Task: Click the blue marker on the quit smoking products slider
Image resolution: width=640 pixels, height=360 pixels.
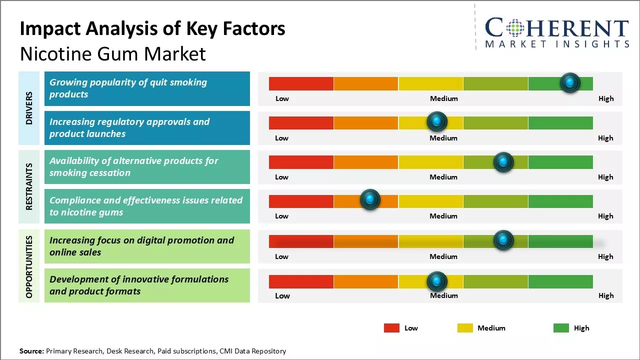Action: (x=570, y=82)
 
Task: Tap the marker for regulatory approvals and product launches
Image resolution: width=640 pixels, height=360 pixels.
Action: (x=437, y=121)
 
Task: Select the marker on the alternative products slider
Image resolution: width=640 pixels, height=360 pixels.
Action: (x=503, y=162)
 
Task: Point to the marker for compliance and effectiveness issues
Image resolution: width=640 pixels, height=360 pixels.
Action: (x=370, y=199)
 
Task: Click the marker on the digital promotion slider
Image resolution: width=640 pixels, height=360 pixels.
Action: (x=503, y=240)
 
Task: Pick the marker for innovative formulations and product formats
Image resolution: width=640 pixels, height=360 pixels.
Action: (x=437, y=281)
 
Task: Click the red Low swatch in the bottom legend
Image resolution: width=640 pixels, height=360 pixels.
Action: (x=391, y=328)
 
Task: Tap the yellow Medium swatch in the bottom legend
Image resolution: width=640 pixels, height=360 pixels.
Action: (x=465, y=328)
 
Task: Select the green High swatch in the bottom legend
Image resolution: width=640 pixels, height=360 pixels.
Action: (x=561, y=328)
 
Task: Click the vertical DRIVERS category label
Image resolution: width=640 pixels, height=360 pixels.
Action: (x=29, y=108)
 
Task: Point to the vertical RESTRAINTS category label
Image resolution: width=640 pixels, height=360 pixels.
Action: (x=29, y=186)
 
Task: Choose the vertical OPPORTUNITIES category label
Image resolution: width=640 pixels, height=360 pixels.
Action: (x=29, y=266)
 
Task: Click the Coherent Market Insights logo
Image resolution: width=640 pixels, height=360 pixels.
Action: (x=556, y=33)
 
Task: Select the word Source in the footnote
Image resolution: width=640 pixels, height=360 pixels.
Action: (x=31, y=351)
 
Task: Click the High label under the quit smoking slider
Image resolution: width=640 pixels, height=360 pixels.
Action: (x=605, y=98)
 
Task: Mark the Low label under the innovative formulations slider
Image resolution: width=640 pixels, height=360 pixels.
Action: (x=282, y=295)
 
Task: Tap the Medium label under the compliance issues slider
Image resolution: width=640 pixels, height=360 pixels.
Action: (x=443, y=216)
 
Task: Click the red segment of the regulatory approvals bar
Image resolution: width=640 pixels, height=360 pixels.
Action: (x=301, y=122)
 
